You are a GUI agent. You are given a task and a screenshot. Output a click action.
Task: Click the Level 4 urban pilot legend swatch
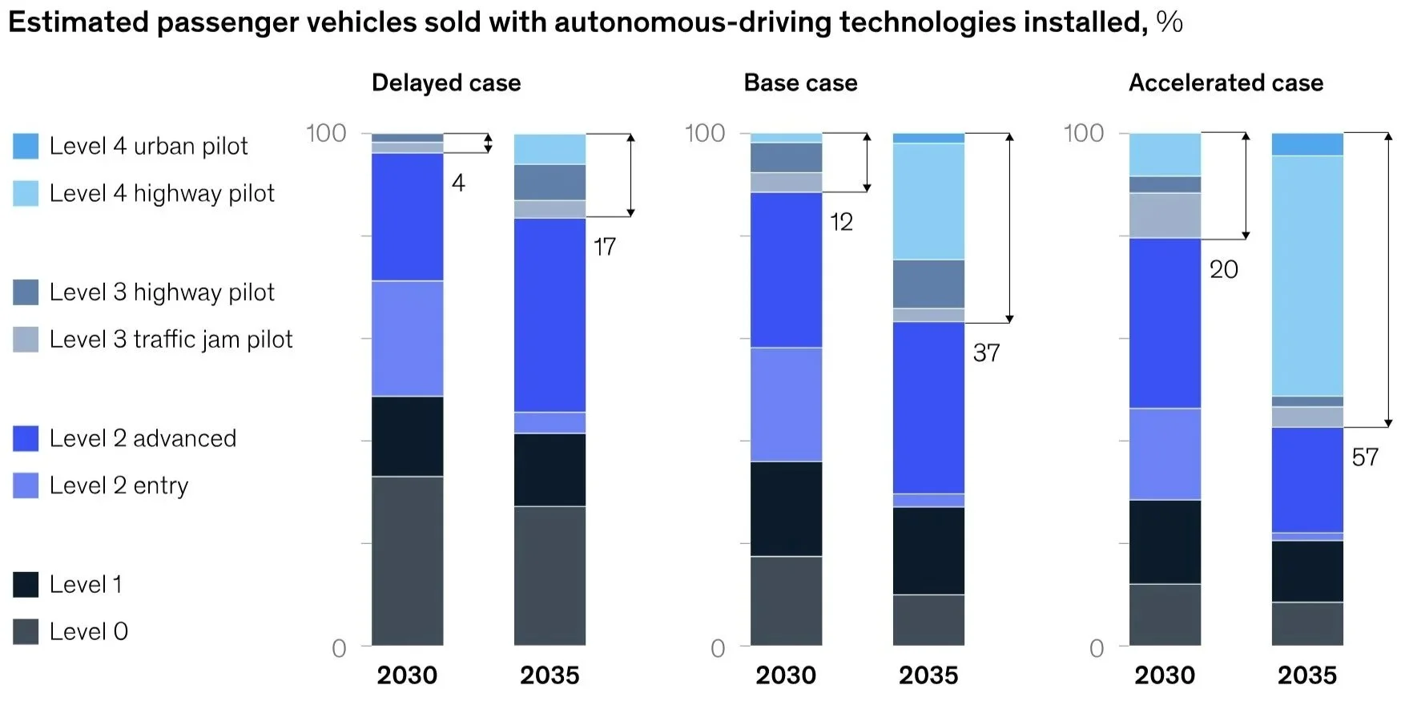(26, 147)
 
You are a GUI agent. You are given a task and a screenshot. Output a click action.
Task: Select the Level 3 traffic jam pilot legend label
(171, 340)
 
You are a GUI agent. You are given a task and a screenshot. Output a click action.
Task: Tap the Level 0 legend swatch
(26, 632)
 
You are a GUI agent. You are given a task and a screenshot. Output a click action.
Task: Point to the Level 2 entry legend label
(119, 486)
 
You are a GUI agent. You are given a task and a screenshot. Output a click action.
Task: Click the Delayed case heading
(446, 83)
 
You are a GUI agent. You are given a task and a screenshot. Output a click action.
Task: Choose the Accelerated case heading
(1226, 83)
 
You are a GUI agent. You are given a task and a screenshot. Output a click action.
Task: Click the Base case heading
(800, 83)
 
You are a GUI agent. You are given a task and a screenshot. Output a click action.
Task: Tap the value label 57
(1365, 457)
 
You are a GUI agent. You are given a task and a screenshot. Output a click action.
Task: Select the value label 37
(986, 353)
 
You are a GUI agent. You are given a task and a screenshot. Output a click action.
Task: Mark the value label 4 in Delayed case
(458, 183)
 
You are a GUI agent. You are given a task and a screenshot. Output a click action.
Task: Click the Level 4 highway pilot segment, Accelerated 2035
(1307, 276)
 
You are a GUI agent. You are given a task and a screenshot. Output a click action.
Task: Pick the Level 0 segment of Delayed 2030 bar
(407, 561)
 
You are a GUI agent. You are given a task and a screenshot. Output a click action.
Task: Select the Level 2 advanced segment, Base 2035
(928, 408)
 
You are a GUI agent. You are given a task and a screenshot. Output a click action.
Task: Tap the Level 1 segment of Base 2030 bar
(786, 509)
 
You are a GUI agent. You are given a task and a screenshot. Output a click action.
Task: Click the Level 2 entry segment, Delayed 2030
(407, 338)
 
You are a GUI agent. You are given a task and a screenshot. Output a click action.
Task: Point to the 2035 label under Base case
(928, 675)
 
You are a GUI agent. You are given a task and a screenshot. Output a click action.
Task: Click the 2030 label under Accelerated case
(1164, 675)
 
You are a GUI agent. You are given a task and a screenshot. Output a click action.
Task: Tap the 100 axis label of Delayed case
(326, 133)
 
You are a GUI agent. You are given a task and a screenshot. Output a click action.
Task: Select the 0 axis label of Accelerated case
(1097, 648)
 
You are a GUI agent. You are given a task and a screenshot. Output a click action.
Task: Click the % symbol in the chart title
(1170, 22)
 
